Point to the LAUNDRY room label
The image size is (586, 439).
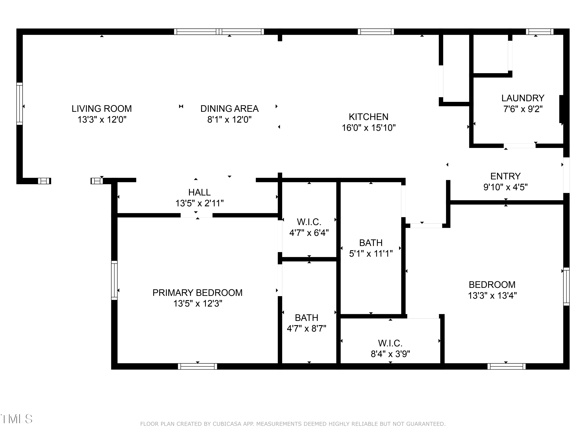(523, 98)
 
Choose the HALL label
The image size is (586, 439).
(199, 192)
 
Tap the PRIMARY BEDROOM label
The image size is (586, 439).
(197, 292)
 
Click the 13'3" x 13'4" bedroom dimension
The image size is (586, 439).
(492, 295)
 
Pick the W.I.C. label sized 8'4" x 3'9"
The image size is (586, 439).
(390, 343)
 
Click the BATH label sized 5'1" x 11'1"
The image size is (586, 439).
(371, 243)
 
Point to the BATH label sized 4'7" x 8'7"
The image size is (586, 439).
(306, 317)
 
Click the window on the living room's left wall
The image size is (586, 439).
(19, 103)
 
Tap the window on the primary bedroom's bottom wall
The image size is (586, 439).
(197, 366)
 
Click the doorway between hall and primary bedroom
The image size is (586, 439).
(196, 215)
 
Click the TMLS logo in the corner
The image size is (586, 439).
(16, 419)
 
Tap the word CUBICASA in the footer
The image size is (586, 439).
(227, 424)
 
